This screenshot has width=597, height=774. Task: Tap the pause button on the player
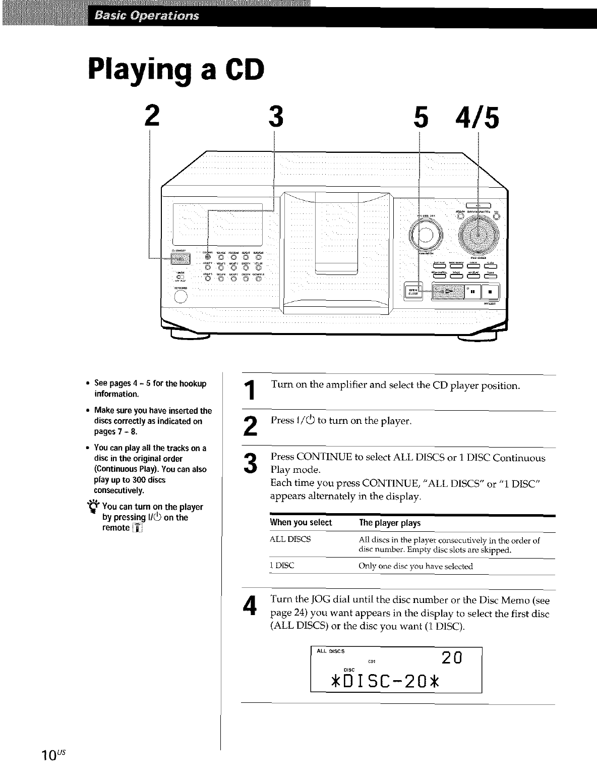point(472,291)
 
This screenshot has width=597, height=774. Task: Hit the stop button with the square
point(490,291)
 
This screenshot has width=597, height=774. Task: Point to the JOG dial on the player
point(478,232)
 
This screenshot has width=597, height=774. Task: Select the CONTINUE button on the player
point(207,257)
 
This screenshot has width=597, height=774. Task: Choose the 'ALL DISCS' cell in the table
point(290,539)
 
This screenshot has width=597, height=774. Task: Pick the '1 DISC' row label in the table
point(282,566)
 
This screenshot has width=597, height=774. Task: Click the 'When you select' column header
point(301,523)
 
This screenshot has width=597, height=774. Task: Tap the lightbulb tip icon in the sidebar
point(95,507)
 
